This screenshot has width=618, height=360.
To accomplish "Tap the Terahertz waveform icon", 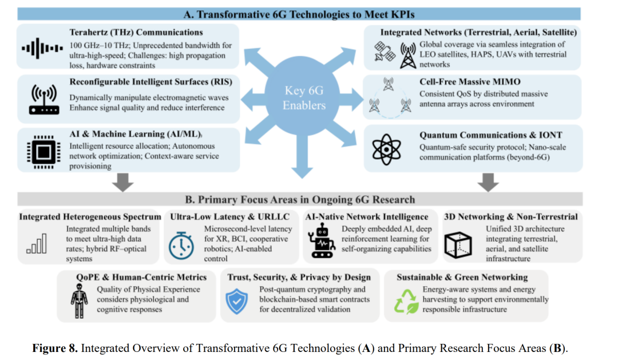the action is (x=42, y=48).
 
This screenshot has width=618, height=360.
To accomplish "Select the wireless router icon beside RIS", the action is (x=43, y=100).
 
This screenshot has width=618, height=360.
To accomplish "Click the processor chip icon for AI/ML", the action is (x=43, y=152).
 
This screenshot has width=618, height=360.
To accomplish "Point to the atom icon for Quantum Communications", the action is (x=386, y=149).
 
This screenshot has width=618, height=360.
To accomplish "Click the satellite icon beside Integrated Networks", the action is (x=385, y=52).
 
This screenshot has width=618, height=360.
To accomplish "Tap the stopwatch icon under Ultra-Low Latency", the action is (x=181, y=246).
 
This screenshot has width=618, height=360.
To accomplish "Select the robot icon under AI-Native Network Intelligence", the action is (x=321, y=240).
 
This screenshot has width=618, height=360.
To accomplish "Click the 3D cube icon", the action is (x=458, y=245).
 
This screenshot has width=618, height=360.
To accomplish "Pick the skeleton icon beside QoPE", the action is (x=79, y=301).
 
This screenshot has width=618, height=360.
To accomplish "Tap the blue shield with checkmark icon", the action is (x=237, y=301).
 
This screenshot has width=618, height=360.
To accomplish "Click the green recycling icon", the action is (x=406, y=302).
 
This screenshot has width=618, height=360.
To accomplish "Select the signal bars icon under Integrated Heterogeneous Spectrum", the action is (x=37, y=244).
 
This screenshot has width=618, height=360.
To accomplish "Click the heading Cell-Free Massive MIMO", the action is (x=470, y=82).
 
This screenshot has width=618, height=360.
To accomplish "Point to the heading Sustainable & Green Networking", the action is (x=462, y=277).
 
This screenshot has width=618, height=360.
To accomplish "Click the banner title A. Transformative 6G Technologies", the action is (x=299, y=14).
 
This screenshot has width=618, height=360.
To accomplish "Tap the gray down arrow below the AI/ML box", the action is (x=122, y=182).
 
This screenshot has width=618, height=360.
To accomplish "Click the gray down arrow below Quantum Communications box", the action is (x=488, y=182).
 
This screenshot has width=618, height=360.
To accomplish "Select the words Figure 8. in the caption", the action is (x=55, y=348).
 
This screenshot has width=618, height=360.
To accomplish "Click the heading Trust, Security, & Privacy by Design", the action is (x=299, y=277).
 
